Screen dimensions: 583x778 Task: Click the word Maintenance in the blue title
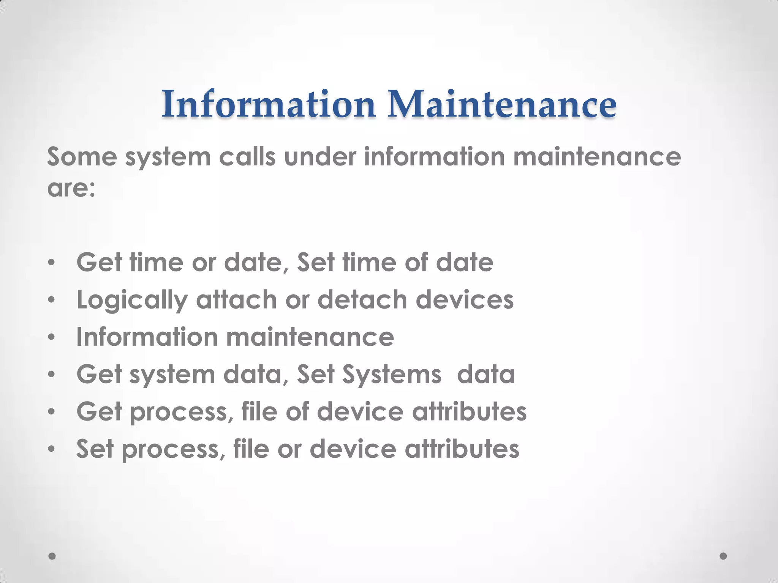tap(501, 104)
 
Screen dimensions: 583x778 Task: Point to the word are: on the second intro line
tap(71, 189)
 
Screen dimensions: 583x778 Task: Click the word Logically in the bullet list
tap(132, 300)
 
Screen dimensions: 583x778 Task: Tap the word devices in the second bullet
tap(465, 300)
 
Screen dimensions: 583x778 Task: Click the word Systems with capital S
tap(392, 375)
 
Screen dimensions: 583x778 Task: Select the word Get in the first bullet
tap(99, 263)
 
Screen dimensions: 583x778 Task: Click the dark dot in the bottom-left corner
tap(52, 556)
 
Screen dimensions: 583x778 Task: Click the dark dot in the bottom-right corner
tap(723, 556)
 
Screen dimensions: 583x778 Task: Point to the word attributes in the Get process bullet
tap(469, 412)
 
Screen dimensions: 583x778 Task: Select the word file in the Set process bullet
tap(251, 449)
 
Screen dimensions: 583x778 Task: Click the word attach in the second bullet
tap(236, 300)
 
